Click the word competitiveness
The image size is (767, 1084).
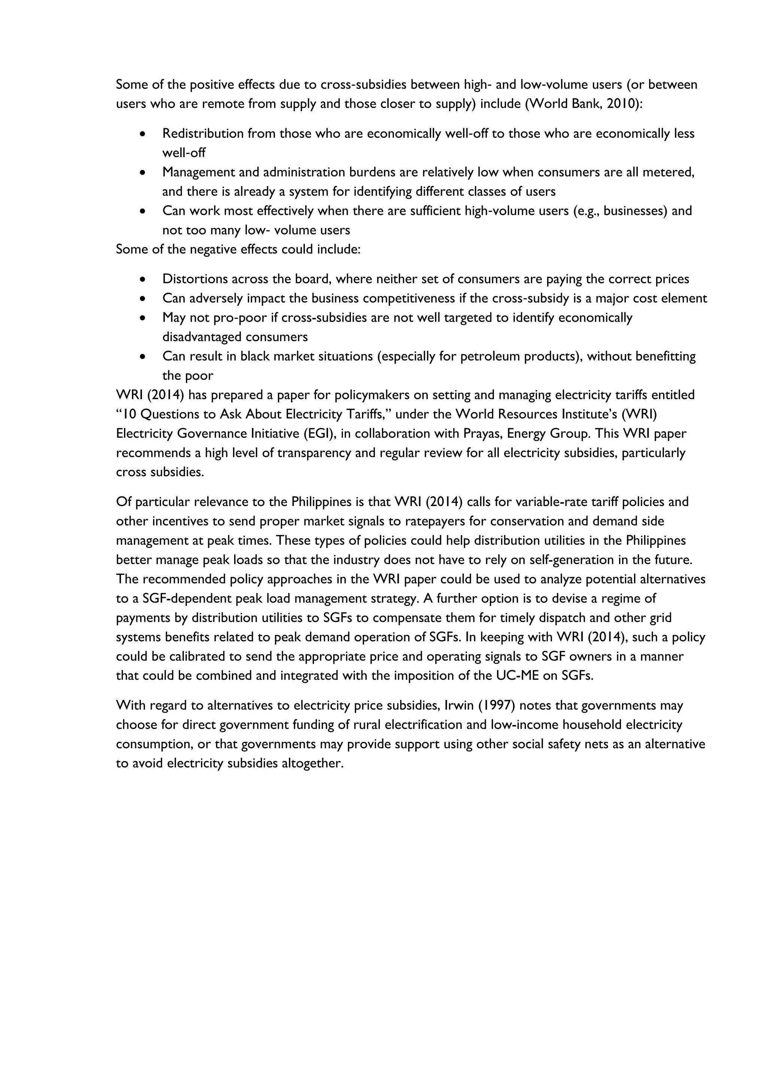tap(408, 298)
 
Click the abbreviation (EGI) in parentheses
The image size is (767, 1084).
tap(322, 434)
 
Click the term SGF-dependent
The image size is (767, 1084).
tap(186, 599)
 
